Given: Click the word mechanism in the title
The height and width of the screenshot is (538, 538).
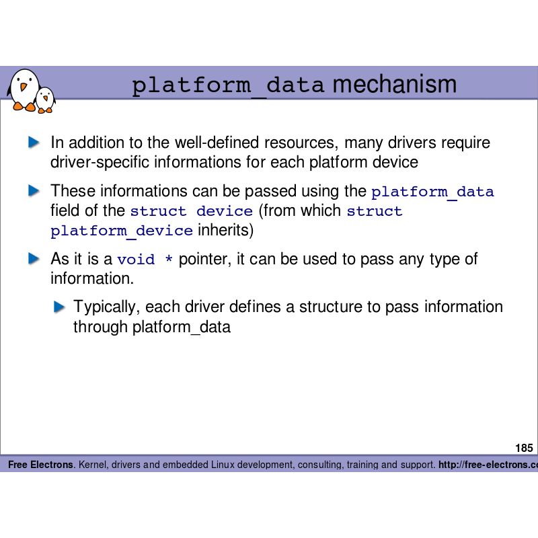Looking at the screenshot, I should click(394, 85).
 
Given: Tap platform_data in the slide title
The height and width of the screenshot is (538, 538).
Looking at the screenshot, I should click(228, 86).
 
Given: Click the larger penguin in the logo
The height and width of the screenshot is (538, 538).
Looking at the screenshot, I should click(23, 88).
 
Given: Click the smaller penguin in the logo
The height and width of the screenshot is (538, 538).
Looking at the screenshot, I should click(45, 99).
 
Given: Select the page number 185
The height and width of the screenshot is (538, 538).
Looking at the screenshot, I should click(524, 448).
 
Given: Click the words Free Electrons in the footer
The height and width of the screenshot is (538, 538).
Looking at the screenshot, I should click(40, 465).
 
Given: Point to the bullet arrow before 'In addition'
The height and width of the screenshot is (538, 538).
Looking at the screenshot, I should click(34, 143).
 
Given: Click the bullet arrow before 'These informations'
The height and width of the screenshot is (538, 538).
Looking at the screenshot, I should click(34, 191).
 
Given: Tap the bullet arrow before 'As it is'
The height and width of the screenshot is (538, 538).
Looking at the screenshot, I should click(34, 259).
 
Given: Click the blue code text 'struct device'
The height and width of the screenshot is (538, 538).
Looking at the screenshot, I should click(191, 211).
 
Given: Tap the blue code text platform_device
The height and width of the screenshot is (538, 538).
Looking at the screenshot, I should click(122, 231).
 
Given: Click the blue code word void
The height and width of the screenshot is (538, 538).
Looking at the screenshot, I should click(136, 260).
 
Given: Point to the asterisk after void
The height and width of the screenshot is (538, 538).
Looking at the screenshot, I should click(168, 260).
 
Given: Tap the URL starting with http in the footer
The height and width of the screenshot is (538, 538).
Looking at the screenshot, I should click(488, 465).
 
